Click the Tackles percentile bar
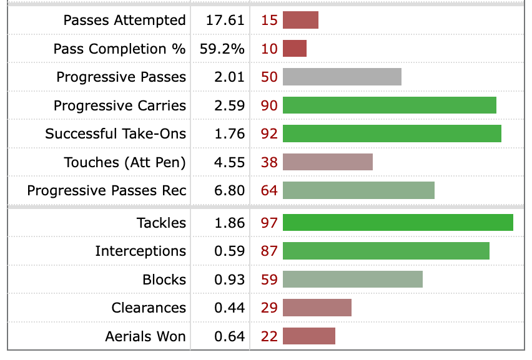(x=398, y=223)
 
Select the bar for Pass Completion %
(x=295, y=49)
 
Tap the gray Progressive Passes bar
(x=342, y=77)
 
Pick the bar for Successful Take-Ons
(x=392, y=134)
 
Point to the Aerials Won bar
(x=309, y=336)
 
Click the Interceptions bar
(x=386, y=251)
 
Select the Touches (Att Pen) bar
(x=328, y=162)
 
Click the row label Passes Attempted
(x=125, y=20)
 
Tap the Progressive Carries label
(x=120, y=105)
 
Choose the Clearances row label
(x=149, y=308)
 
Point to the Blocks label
(x=164, y=280)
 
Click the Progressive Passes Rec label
(x=107, y=190)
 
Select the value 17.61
(x=225, y=20)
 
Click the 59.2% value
(x=222, y=49)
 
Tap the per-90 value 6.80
(x=229, y=190)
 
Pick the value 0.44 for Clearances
(x=229, y=308)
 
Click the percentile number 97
(x=269, y=223)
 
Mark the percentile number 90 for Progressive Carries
(x=269, y=105)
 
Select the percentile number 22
(x=269, y=336)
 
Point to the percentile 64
(x=269, y=190)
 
